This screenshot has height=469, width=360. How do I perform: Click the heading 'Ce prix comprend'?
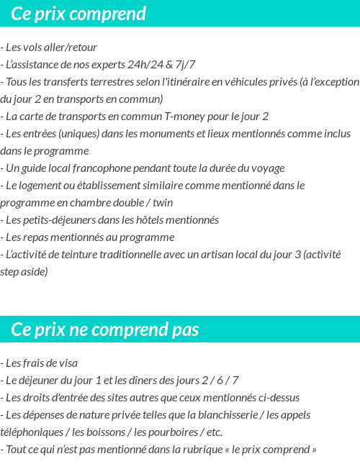[78, 14]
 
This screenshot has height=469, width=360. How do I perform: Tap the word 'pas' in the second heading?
[184, 330]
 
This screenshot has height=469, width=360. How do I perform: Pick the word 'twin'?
[159, 203]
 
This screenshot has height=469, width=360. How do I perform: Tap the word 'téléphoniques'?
[31, 432]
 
